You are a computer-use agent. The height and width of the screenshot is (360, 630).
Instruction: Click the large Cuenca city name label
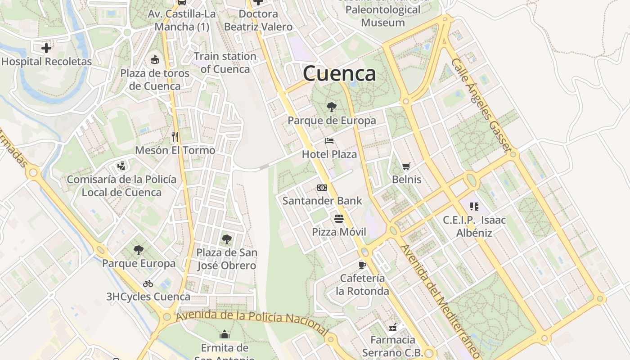click(x=339, y=73)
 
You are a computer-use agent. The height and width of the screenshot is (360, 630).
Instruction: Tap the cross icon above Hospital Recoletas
click(x=46, y=48)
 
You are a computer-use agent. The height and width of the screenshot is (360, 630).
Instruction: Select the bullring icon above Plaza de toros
click(x=155, y=59)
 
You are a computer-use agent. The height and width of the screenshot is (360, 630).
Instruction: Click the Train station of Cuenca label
click(x=225, y=63)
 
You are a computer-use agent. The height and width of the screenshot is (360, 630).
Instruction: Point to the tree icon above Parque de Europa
click(x=332, y=107)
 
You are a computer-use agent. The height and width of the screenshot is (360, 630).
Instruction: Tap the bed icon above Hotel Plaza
click(x=329, y=141)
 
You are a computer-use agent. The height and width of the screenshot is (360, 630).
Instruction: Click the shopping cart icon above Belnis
click(x=406, y=166)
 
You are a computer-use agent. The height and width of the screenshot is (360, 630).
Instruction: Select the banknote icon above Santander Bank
click(x=322, y=188)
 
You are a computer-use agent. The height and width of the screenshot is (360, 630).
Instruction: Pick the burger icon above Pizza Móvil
click(x=339, y=219)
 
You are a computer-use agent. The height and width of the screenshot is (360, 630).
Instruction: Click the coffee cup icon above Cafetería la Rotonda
click(x=362, y=265)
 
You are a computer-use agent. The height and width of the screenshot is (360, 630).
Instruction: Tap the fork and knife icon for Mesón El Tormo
click(x=175, y=136)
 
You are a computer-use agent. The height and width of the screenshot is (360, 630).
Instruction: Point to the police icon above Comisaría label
click(x=121, y=166)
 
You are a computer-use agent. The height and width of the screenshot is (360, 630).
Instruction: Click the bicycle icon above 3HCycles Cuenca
click(x=148, y=283)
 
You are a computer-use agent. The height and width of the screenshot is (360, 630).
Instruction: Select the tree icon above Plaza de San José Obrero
click(x=227, y=239)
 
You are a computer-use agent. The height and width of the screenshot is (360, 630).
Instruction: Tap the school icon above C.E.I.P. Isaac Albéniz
click(x=474, y=207)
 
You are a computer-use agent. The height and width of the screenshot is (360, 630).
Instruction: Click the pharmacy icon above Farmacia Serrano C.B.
click(x=392, y=327)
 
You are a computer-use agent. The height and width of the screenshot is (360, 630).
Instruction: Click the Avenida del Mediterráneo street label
click(x=436, y=301)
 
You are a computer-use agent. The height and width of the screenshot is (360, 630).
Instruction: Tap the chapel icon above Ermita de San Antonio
click(x=225, y=334)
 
